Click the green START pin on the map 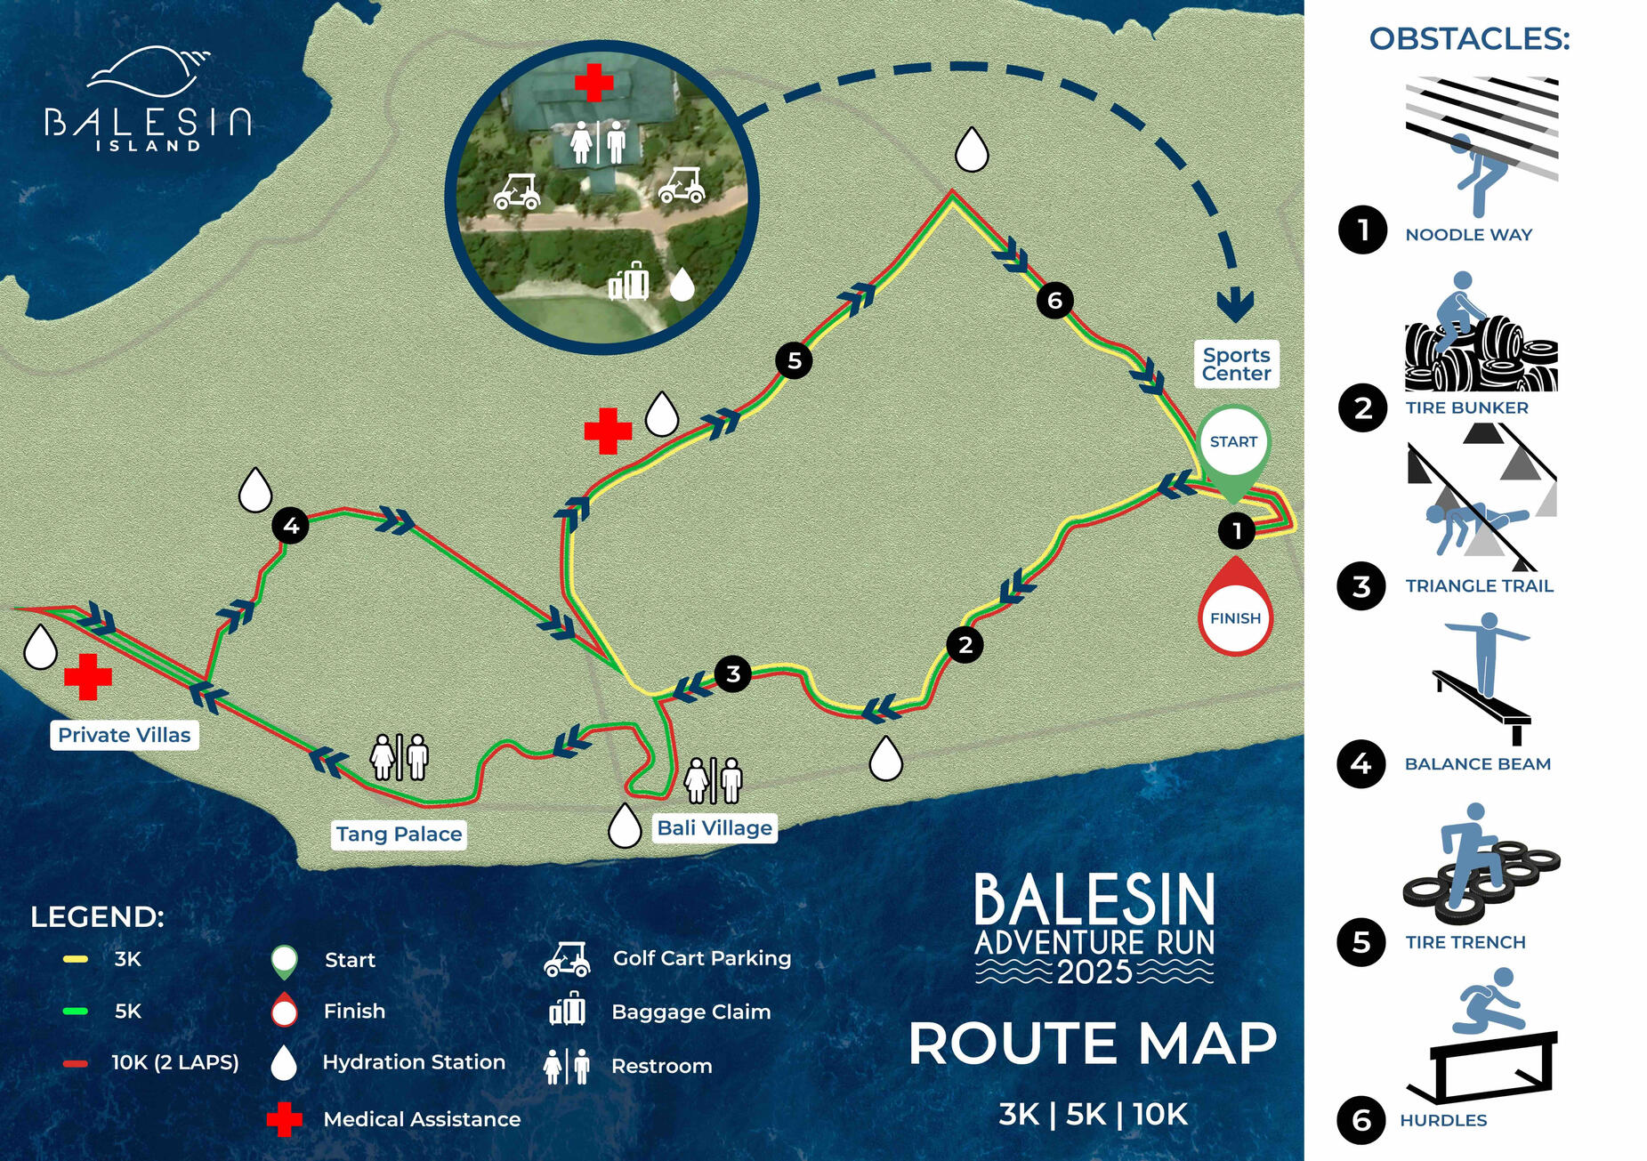(1233, 445)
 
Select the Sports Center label (1236, 364)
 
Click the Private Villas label (125, 735)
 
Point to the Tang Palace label (399, 834)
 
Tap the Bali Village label (715, 828)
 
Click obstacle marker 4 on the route (290, 526)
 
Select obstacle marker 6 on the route (1054, 301)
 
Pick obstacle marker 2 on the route (965, 644)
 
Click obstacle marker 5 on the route (794, 360)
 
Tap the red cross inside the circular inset (593, 82)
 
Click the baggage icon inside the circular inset (629, 282)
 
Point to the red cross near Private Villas (87, 676)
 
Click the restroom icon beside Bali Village (713, 780)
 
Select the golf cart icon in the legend (567, 959)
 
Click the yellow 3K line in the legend (75, 959)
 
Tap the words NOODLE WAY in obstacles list (1468, 235)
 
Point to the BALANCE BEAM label (1477, 764)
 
